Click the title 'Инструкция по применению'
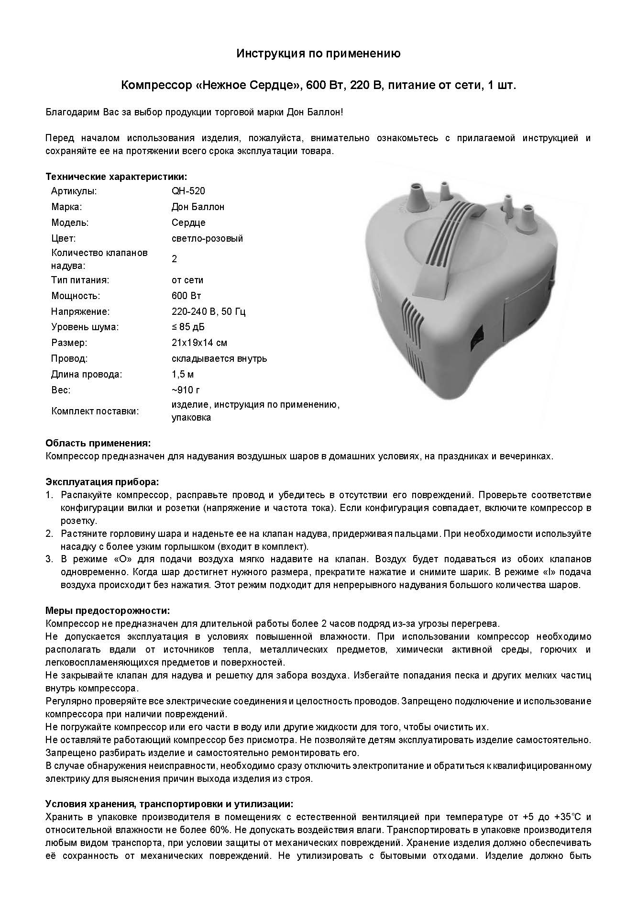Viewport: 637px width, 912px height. pos(318,54)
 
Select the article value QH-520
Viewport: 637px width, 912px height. pos(188,191)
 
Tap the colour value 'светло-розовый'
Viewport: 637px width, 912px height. pos(207,238)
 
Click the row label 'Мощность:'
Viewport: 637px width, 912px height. pos(76,296)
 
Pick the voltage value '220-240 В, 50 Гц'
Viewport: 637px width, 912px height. pos(209,311)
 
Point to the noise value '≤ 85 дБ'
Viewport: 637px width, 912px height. pos(188,327)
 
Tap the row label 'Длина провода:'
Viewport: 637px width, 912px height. pos(87,374)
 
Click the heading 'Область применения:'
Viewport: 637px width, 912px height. pos(98,443)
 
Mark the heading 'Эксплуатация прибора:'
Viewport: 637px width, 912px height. pos(102,481)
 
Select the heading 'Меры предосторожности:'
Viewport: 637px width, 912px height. pos(108,611)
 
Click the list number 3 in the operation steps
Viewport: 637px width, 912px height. pos(49,559)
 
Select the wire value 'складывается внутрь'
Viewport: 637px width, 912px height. pos(219,358)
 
